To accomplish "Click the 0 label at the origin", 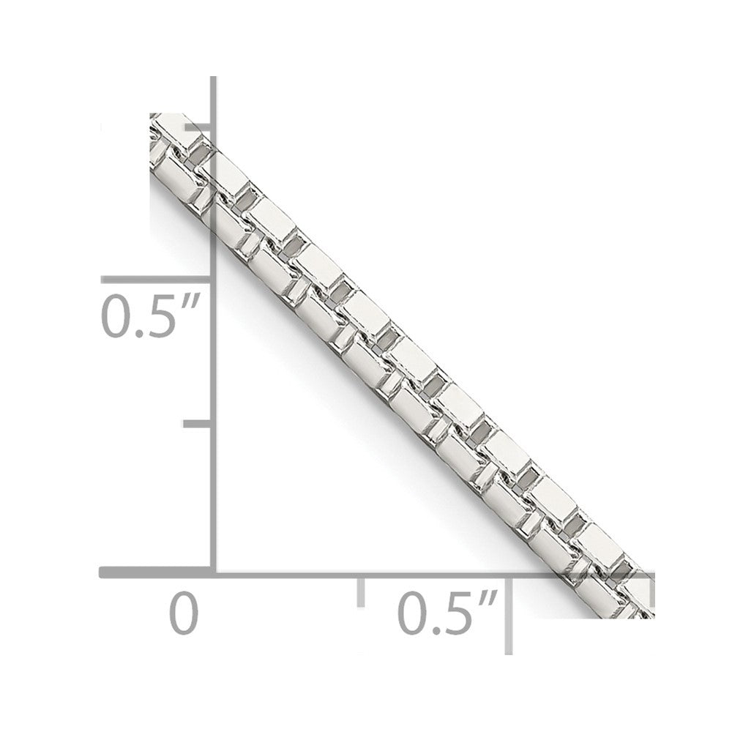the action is pyautogui.click(x=184, y=612).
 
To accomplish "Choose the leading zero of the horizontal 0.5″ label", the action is pyautogui.click(x=412, y=612).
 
